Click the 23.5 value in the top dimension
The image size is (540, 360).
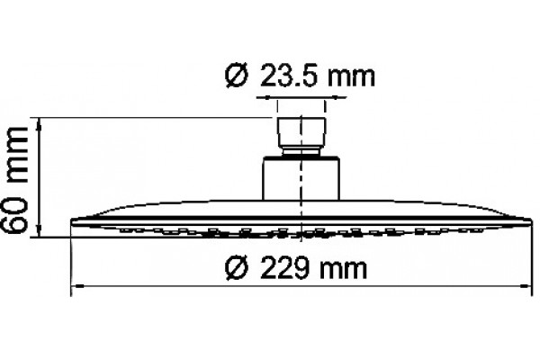[288, 76]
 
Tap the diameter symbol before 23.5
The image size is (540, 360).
[236, 76]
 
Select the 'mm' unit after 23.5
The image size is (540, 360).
[351, 79]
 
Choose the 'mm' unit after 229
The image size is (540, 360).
[344, 270]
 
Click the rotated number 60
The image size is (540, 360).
[14, 213]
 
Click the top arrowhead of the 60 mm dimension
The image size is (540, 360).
[40, 123]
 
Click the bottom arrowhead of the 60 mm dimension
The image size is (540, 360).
[40, 231]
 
